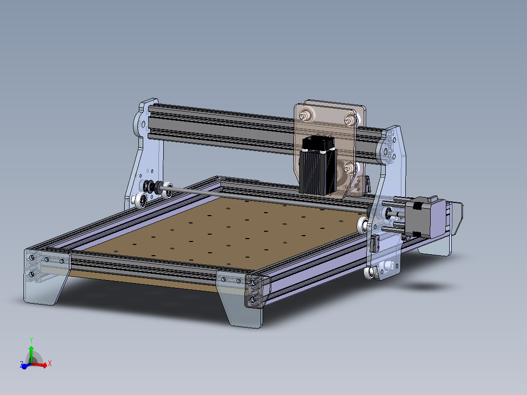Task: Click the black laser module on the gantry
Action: point(316,166)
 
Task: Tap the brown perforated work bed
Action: point(220,230)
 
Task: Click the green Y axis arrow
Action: point(31,351)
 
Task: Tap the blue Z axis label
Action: point(22,365)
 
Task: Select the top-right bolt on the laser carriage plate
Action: point(349,118)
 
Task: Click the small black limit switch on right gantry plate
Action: point(376,242)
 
